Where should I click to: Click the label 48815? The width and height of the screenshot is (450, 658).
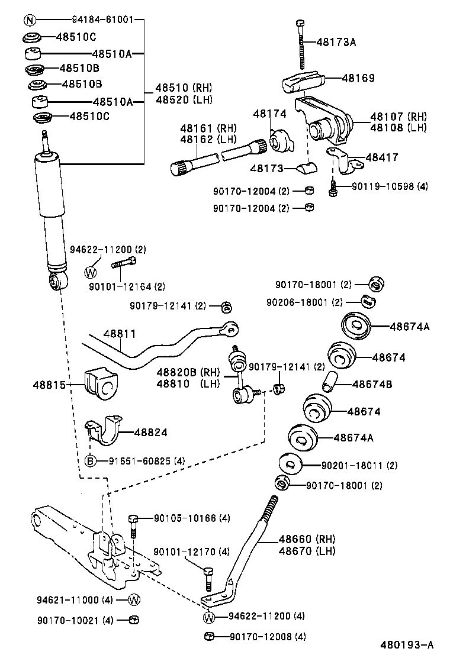tap(49, 384)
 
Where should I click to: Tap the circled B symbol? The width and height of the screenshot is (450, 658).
tap(90, 461)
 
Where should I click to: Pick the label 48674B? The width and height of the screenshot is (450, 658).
tap(372, 384)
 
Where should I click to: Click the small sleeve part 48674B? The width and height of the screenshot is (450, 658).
tap(330, 382)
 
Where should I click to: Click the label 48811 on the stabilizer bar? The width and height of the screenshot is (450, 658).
tap(120, 334)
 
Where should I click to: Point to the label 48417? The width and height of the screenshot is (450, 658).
tap(382, 157)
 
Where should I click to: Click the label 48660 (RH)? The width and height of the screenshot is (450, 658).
tap(307, 539)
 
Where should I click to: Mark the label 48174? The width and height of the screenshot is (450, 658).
tap(270, 114)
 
